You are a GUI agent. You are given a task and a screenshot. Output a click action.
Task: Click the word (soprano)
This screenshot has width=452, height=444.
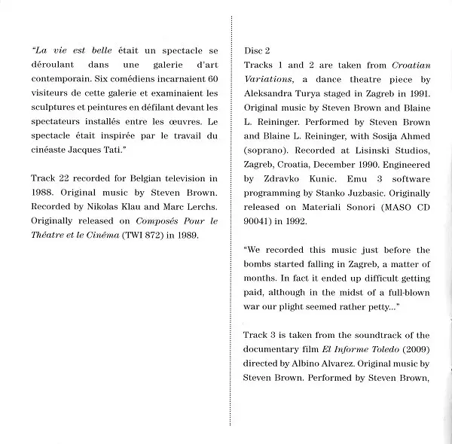(x=265, y=150)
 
